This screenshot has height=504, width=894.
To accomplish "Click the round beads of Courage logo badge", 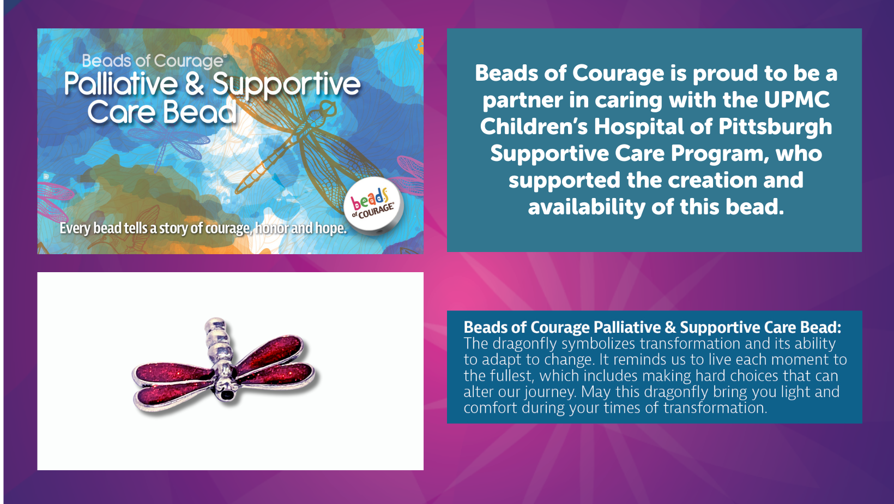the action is pos(373,205).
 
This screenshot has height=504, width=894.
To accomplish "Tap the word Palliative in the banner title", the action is pos(121,84).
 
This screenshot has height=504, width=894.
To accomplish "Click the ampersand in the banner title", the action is pos(195,83).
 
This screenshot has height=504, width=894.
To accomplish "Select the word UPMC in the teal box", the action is pos(797,99).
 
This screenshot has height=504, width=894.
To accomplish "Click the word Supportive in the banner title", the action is pos(286,85).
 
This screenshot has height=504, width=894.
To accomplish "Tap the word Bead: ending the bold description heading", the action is pos(823,327).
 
